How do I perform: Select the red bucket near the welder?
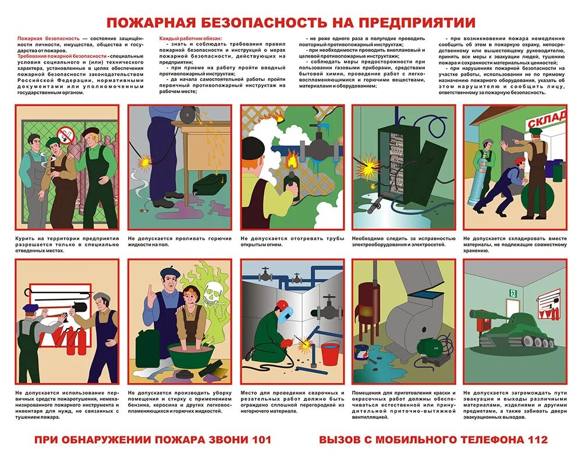(x=330, y=354)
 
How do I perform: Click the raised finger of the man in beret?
(x=151, y=290)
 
